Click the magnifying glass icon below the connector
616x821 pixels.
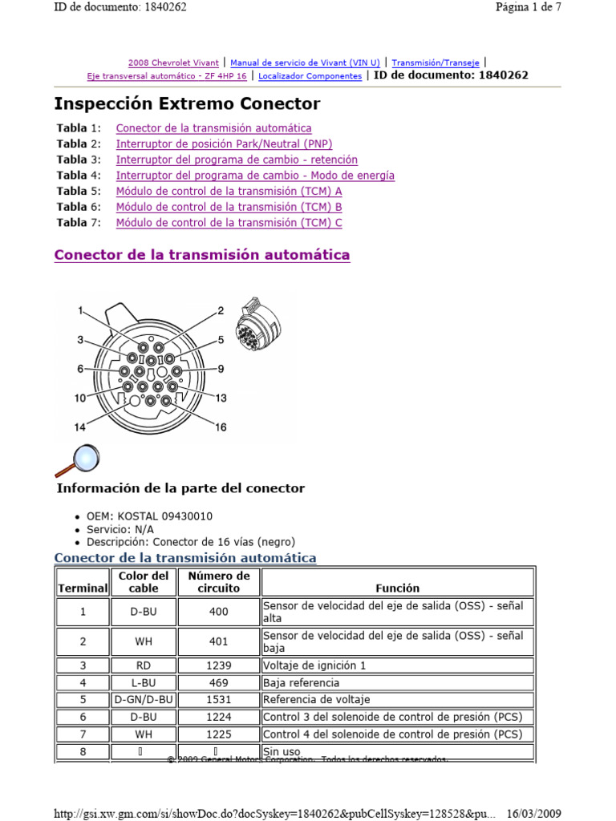tap(77, 460)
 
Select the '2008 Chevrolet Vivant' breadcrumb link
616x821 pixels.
tap(174, 62)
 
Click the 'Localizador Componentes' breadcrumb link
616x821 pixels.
tap(310, 76)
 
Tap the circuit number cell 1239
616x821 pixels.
tap(218, 665)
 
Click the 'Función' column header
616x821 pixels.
tap(397, 588)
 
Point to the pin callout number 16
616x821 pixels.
tap(220, 427)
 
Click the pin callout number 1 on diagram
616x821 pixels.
tap(81, 310)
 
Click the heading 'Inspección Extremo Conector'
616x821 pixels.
tap(187, 103)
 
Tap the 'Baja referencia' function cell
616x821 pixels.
tap(302, 683)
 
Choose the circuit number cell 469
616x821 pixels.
tap(218, 683)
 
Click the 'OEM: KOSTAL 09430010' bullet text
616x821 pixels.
tap(149, 516)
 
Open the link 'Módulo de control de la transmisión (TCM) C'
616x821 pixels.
tap(229, 223)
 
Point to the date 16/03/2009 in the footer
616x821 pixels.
tap(533, 813)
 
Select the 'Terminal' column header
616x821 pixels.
tap(82, 588)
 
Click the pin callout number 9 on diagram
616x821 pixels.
tap(220, 369)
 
